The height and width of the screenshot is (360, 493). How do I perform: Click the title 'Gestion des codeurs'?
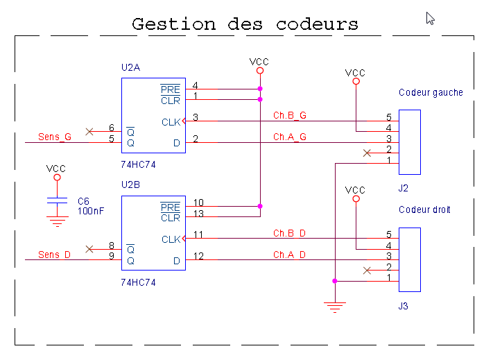click(x=245, y=24)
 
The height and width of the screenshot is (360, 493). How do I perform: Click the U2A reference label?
click(x=130, y=68)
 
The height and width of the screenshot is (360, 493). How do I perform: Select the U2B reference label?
click(x=130, y=185)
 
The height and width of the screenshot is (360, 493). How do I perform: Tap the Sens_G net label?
click(x=55, y=137)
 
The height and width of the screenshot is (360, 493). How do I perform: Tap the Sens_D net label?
click(x=55, y=255)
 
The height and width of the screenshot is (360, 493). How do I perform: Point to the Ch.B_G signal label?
click(x=290, y=116)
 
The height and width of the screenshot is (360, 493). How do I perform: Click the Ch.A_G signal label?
click(x=290, y=137)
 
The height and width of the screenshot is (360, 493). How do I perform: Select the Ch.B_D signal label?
click(x=290, y=233)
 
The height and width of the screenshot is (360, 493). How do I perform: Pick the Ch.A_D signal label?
click(x=290, y=255)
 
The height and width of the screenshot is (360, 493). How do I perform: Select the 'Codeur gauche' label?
click(x=431, y=92)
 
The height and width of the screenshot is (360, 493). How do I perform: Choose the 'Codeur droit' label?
click(x=424, y=209)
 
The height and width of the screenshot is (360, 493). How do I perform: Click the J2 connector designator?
click(x=404, y=188)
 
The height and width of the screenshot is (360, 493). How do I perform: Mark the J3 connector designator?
click(x=404, y=305)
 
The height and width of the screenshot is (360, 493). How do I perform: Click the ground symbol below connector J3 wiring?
click(x=335, y=307)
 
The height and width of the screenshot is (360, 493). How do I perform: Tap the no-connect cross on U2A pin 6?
click(x=89, y=131)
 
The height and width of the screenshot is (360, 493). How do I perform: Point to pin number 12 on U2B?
click(x=198, y=256)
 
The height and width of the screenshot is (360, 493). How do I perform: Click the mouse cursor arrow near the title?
click(x=430, y=18)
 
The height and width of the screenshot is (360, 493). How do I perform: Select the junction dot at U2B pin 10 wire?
click(x=260, y=206)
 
